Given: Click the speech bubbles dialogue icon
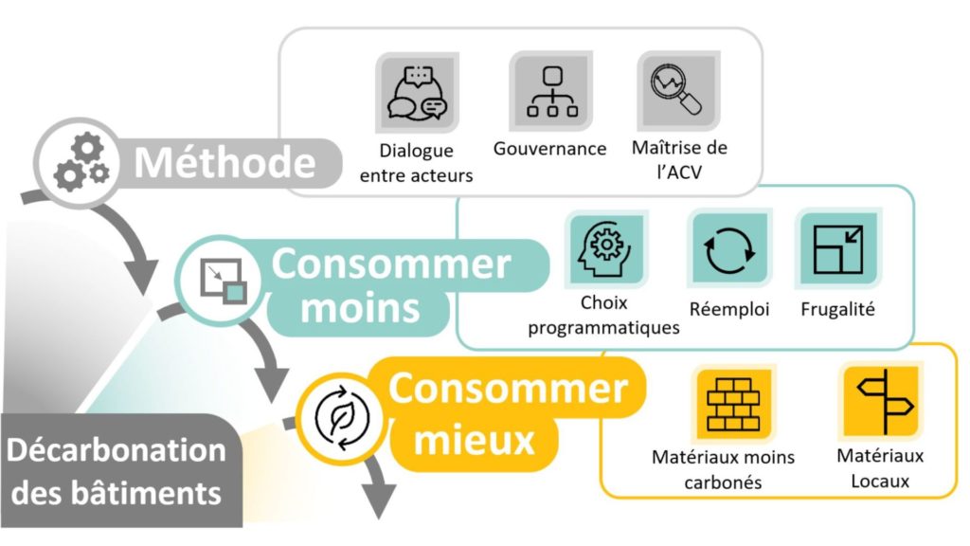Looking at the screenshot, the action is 417,93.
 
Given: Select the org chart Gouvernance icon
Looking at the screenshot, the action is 551,92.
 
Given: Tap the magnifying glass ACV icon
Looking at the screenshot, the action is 678,90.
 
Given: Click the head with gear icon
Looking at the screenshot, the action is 606,248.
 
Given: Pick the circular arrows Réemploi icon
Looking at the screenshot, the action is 729,249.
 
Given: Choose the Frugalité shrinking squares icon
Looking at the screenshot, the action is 838,249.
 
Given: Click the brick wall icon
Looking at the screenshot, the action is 733,404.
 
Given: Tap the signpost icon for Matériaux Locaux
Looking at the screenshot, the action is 881,401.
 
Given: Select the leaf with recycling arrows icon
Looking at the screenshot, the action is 341,418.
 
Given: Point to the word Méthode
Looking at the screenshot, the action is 225,163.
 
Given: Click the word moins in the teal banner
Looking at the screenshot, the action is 360,308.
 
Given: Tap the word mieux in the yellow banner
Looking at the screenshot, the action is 474,440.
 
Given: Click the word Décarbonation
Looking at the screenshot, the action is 117,450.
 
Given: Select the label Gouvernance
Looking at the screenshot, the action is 550,149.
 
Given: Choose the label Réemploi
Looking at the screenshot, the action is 729,308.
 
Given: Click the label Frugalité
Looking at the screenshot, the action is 837,308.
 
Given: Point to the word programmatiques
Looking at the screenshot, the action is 603,327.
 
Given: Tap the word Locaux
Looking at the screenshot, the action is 880,481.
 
